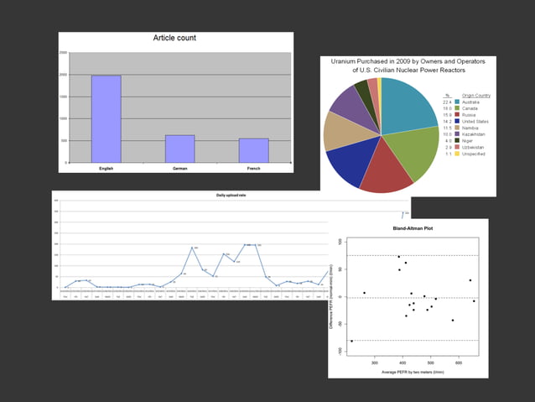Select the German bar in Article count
(x=179, y=149)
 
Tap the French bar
(x=253, y=150)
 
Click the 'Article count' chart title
(x=175, y=39)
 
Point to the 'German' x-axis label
(x=179, y=167)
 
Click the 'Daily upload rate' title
(x=233, y=196)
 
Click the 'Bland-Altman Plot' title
(x=408, y=227)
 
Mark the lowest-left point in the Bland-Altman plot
(x=352, y=341)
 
